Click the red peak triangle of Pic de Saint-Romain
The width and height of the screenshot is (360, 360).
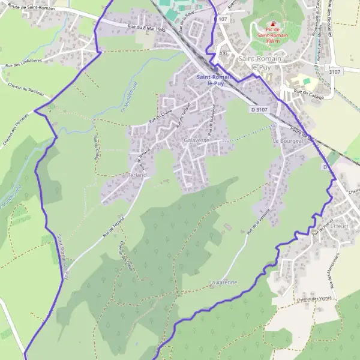273,23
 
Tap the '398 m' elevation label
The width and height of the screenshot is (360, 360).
274,42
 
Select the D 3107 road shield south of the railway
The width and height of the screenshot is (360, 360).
259,110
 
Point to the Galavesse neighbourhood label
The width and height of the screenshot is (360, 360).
197,140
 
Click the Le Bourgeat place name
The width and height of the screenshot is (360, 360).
286,140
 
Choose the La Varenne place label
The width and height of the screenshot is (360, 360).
223,281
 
